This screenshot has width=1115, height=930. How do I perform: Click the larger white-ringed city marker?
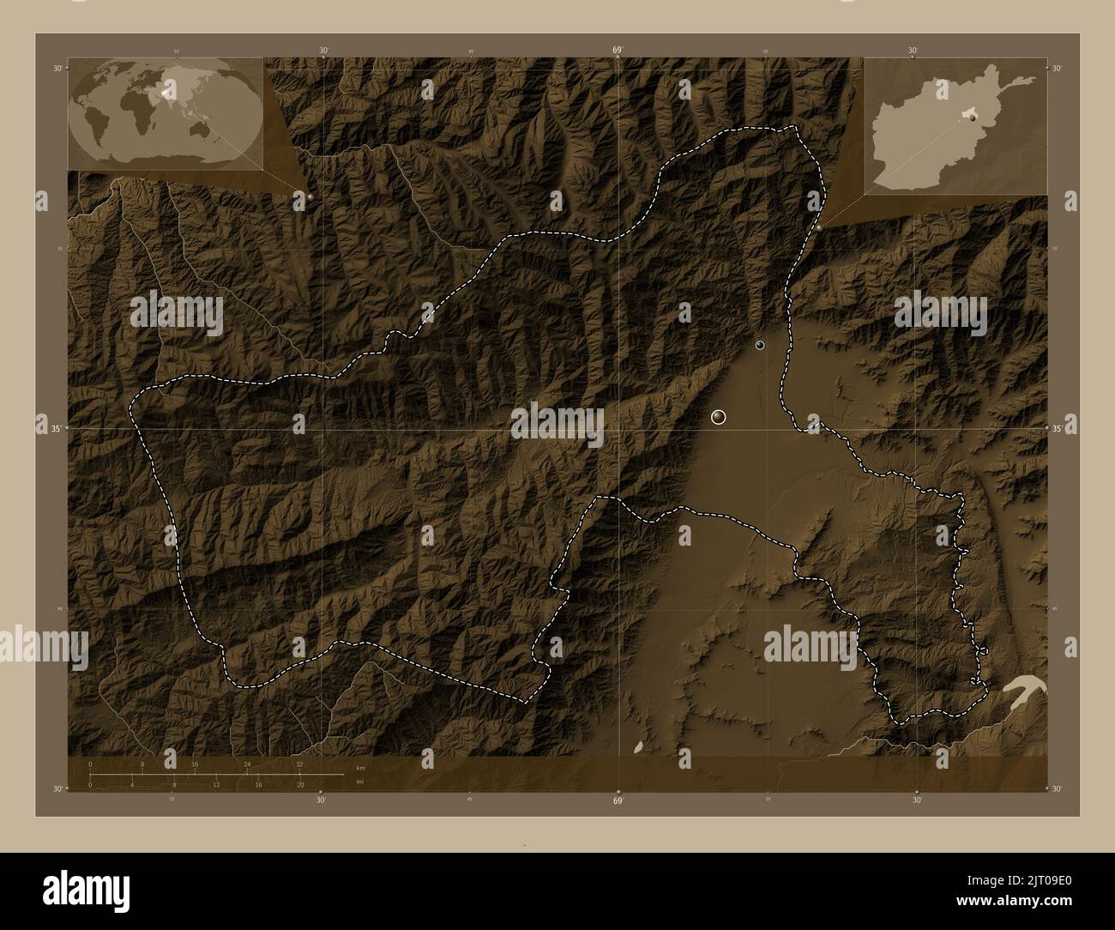719,417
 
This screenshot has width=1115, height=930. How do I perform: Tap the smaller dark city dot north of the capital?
759,345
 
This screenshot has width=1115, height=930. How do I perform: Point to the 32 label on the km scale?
299,764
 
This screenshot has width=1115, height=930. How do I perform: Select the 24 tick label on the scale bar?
247,764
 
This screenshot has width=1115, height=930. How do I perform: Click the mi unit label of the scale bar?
359,782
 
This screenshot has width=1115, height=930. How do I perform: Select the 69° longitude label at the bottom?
618,801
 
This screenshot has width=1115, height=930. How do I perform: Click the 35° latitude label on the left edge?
46,428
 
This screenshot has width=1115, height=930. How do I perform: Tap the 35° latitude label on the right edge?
1057,428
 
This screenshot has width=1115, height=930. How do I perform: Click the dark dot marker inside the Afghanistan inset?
973,120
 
